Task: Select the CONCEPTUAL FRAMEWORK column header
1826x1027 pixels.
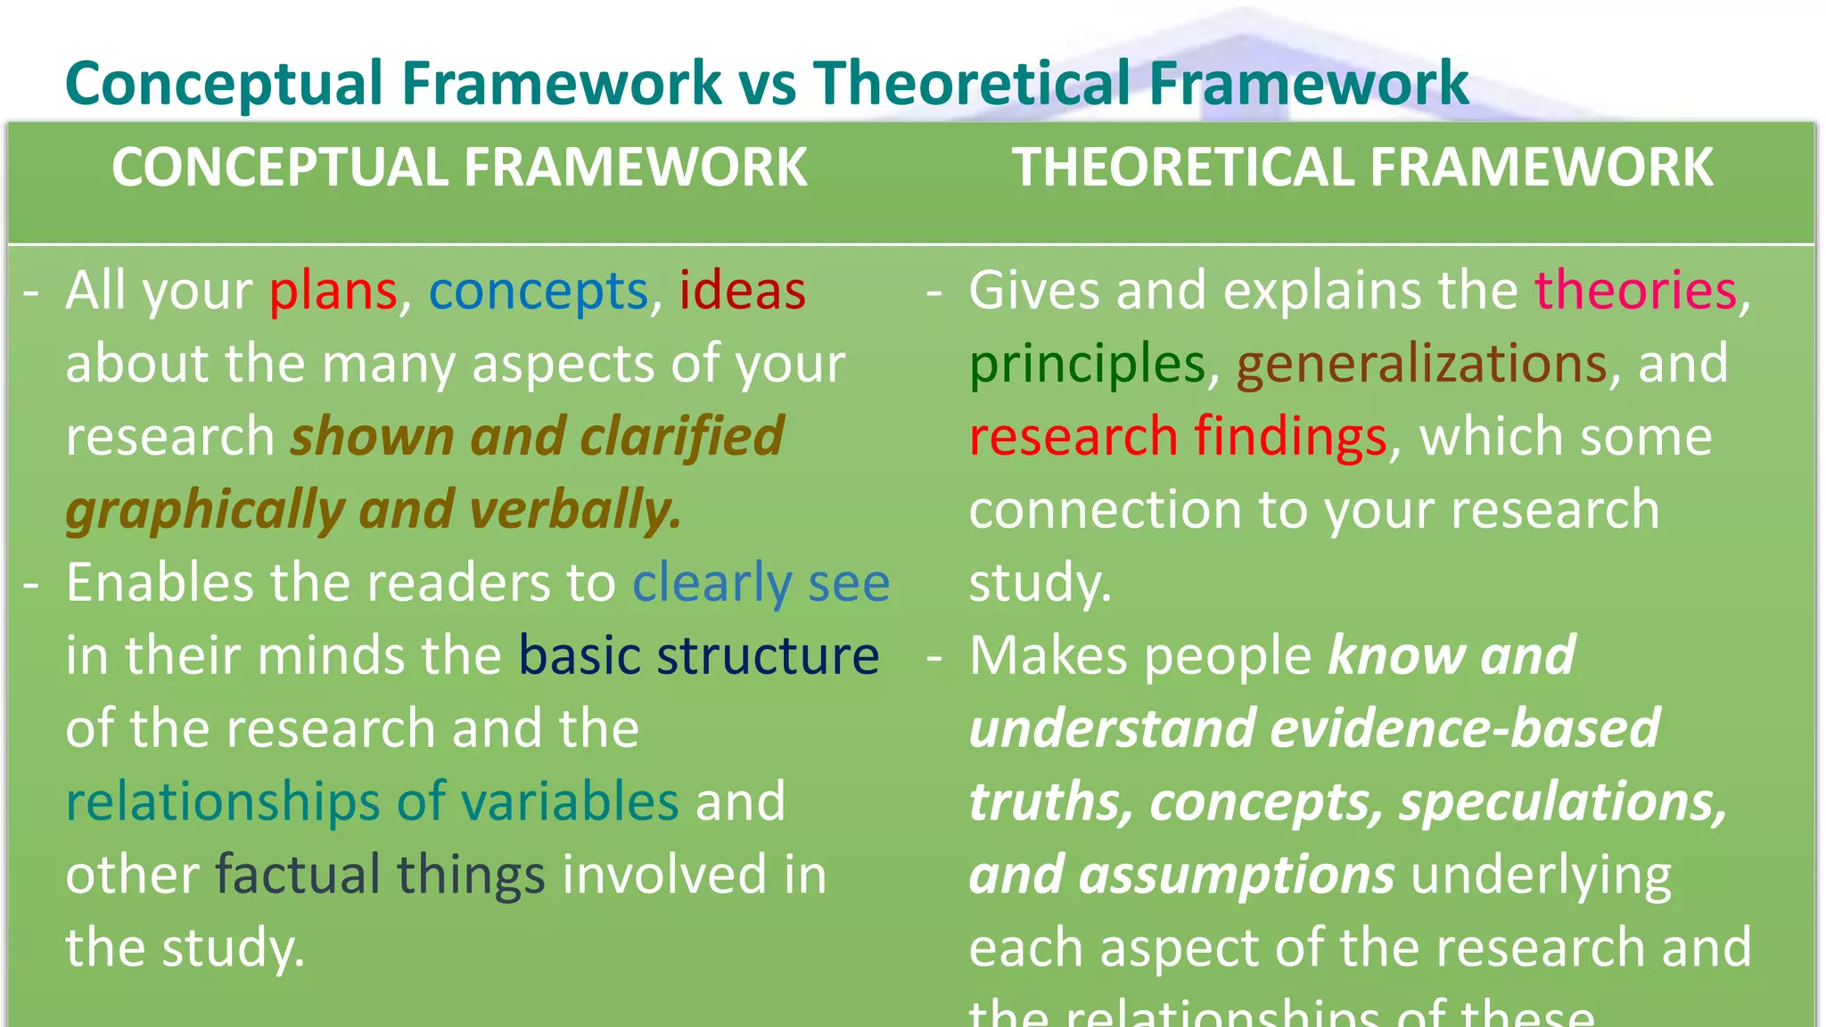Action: pyautogui.click(x=459, y=168)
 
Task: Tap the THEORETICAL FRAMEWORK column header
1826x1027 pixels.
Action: pyautogui.click(x=1361, y=168)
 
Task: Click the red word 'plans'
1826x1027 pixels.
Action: pyautogui.click(x=333, y=292)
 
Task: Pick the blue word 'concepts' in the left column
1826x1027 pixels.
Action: pyautogui.click(x=538, y=292)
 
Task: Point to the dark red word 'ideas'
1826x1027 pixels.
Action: pyautogui.click(x=742, y=292)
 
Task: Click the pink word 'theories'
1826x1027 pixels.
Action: pyautogui.click(x=1635, y=292)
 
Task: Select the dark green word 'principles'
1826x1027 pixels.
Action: pyautogui.click(x=1087, y=365)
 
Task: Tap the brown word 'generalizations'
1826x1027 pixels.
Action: pyautogui.click(x=1421, y=365)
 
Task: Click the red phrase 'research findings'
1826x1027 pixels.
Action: pyautogui.click(x=1177, y=438)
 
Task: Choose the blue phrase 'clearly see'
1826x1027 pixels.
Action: pyautogui.click(x=761, y=584)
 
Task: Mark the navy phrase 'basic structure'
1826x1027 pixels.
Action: pyautogui.click(x=698, y=656)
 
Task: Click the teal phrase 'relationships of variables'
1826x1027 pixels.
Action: pyautogui.click(x=372, y=801)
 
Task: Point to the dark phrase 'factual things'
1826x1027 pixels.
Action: pyautogui.click(x=380, y=875)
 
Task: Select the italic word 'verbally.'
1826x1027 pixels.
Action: pyautogui.click(x=575, y=510)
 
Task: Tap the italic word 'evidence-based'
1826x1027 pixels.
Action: pyautogui.click(x=1464, y=728)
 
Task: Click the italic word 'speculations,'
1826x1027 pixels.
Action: pyautogui.click(x=1562, y=801)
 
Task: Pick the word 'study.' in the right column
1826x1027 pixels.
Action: pyautogui.click(x=1040, y=584)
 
